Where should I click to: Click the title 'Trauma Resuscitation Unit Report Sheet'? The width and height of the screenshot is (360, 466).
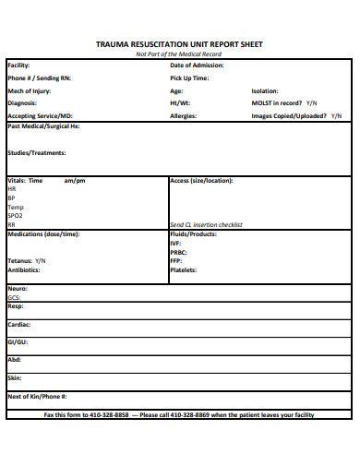point(179,43)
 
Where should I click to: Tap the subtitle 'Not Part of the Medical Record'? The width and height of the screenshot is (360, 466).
point(179,54)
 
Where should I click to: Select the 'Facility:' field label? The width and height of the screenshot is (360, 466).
point(18,66)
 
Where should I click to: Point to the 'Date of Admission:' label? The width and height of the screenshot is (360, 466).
point(197,66)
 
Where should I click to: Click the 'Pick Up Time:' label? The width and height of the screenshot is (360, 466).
point(189,78)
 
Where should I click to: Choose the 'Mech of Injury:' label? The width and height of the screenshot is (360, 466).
point(30,91)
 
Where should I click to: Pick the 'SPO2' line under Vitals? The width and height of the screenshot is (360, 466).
point(16,215)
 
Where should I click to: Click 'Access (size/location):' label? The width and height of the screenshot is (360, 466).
point(201,181)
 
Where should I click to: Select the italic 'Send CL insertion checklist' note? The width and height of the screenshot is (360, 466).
point(205,224)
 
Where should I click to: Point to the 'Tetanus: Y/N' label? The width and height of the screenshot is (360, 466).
point(27,261)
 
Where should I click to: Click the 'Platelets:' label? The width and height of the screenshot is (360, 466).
point(185,270)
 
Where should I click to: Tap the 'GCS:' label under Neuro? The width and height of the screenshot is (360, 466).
point(14,298)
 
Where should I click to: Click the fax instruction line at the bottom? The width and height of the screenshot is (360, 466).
point(179,415)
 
